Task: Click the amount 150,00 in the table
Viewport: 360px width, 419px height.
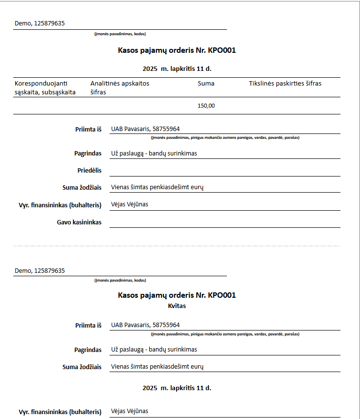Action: [x=206, y=106]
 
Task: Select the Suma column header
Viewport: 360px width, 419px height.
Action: [x=206, y=84]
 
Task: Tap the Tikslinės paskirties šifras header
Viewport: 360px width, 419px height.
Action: [x=285, y=84]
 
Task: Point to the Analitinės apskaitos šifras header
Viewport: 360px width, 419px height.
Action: [x=120, y=88]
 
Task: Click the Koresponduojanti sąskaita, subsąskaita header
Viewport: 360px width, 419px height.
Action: [x=45, y=88]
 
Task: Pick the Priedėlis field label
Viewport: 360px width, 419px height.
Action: [x=89, y=171]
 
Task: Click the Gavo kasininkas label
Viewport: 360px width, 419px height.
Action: [x=79, y=222]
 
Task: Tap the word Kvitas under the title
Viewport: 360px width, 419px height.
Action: [x=177, y=306]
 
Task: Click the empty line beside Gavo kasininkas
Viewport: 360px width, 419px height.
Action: [x=225, y=222]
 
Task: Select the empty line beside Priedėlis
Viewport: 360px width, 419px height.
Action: [x=225, y=171]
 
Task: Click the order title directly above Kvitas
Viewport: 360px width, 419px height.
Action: [x=177, y=295]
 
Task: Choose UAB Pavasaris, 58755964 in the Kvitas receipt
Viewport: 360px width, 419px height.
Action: [x=145, y=325]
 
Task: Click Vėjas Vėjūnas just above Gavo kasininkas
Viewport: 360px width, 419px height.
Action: [x=130, y=204]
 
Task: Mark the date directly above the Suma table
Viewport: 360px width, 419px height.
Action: [x=177, y=69]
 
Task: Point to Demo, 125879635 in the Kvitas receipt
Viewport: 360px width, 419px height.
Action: [x=40, y=270]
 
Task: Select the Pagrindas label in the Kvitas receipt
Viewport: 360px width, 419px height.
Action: [x=88, y=350]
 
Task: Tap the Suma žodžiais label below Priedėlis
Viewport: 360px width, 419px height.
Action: [x=82, y=188]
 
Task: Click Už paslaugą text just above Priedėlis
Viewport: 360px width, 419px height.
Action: [x=154, y=153]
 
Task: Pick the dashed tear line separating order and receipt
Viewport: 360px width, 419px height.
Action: [x=177, y=246]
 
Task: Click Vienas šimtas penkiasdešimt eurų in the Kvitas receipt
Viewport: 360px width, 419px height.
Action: [x=157, y=366]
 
